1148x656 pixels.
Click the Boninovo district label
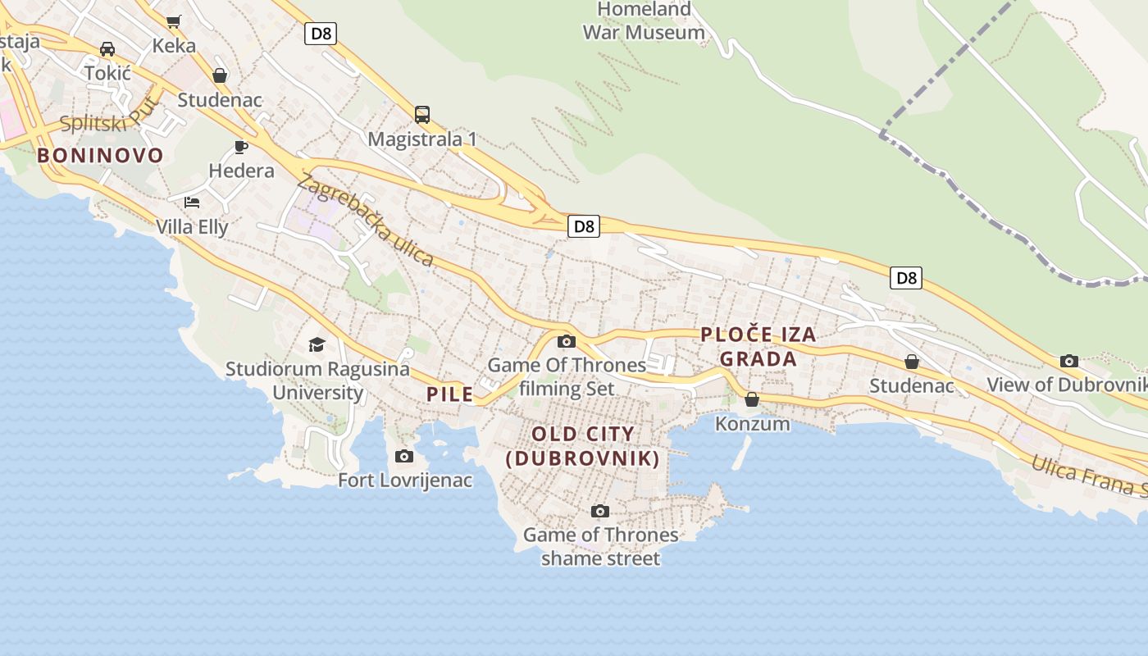click(100, 155)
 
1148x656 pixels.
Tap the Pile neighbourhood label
click(450, 394)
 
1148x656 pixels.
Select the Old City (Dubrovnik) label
click(583, 446)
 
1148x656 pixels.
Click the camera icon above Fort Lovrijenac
click(404, 456)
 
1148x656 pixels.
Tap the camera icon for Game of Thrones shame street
click(600, 512)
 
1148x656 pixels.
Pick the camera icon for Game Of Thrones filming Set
click(566, 342)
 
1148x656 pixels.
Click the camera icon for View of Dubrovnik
click(1068, 361)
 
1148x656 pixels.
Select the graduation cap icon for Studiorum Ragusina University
click(317, 344)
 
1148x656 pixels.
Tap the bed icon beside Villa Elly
click(192, 202)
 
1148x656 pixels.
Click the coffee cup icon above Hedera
click(240, 147)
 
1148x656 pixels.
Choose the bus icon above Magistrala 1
click(422, 114)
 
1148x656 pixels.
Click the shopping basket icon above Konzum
click(752, 399)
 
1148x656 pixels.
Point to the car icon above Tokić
click(107, 49)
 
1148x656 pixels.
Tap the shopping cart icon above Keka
click(173, 21)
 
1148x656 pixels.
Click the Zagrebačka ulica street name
click(366, 219)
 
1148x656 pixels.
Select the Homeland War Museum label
click(644, 21)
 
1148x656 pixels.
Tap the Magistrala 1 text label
click(421, 139)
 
